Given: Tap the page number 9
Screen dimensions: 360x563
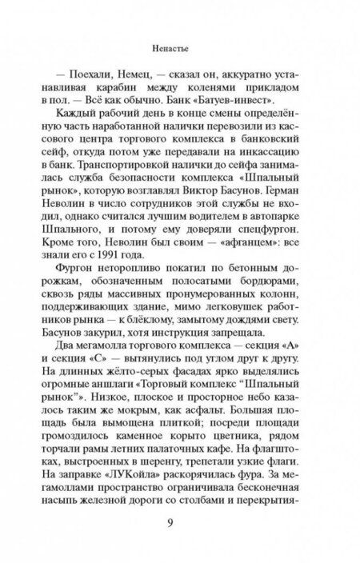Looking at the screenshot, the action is pyautogui.click(x=181, y=526).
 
